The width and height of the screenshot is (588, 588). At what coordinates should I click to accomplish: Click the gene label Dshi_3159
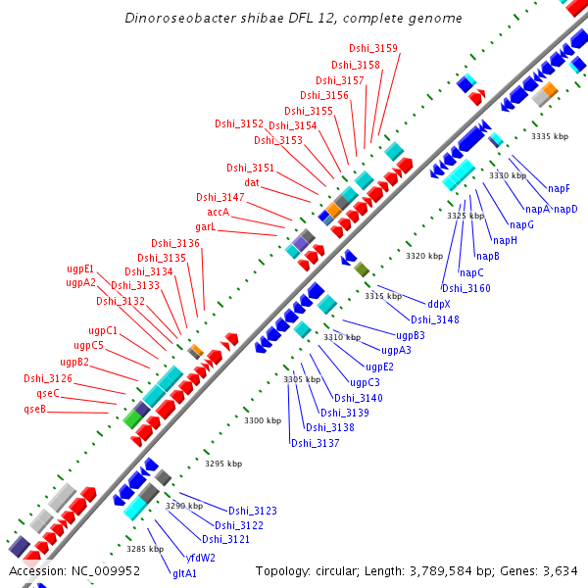[x=373, y=48]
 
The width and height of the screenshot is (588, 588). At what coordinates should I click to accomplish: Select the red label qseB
[x=35, y=409]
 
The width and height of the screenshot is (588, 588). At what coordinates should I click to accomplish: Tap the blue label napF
[x=559, y=187]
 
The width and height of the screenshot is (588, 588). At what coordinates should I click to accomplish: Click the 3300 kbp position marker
[x=263, y=420]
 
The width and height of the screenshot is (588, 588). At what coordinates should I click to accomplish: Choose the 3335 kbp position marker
[x=549, y=136]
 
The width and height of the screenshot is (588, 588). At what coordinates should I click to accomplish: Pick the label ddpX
[x=439, y=304]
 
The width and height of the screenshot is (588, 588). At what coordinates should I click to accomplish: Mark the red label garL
[x=205, y=227]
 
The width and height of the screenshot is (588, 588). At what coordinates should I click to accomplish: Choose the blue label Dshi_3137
[x=315, y=443]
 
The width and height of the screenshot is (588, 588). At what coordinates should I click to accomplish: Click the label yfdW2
[x=201, y=558]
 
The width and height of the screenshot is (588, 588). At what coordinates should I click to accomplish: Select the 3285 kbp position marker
[x=144, y=549]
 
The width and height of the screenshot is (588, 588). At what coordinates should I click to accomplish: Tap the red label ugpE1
[x=80, y=269]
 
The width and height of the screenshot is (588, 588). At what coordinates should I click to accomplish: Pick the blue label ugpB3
[x=424, y=335]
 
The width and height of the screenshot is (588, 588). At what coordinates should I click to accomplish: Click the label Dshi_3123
[x=253, y=511]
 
